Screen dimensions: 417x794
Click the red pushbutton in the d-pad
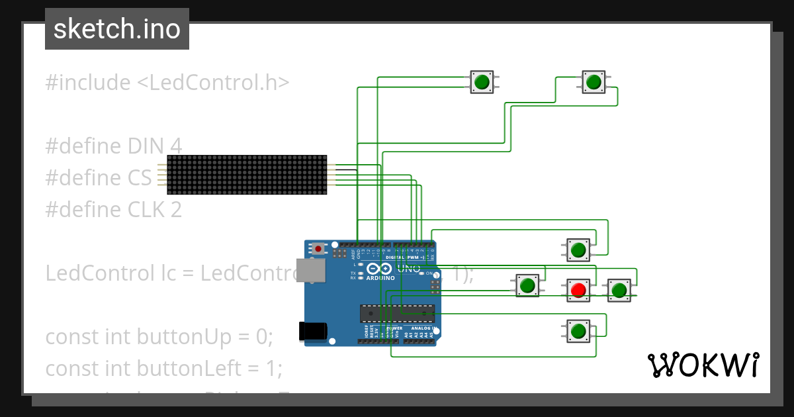(578, 290)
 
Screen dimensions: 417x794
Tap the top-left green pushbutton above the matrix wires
(481, 82)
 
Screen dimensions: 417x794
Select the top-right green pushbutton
(594, 82)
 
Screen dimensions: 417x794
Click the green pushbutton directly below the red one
(578, 330)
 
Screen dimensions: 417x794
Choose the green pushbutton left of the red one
(527, 286)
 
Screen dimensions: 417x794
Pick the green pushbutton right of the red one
(619, 290)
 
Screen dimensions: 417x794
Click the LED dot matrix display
(247, 175)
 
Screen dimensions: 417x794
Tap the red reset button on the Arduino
(319, 249)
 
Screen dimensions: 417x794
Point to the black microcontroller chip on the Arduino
(397, 313)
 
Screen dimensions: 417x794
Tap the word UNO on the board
(408, 269)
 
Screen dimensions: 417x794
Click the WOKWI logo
(703, 365)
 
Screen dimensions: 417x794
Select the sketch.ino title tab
(117, 29)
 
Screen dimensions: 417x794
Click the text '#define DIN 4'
(114, 146)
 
